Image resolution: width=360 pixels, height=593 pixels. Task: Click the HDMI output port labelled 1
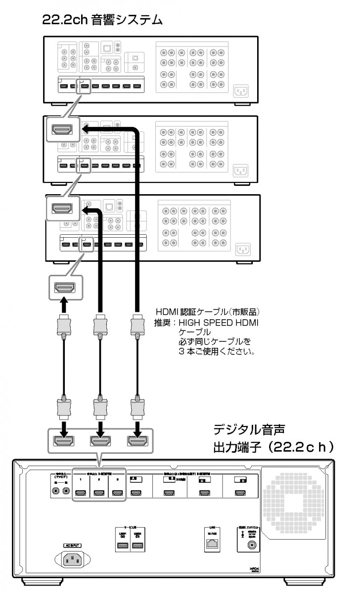81,493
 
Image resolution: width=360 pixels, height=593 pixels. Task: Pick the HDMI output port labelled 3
117,493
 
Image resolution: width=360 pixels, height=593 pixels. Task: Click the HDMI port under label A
135,493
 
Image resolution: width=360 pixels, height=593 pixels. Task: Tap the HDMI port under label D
240,493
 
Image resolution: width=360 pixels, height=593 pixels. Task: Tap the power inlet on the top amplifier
241,91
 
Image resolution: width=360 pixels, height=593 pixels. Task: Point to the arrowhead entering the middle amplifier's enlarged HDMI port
86,129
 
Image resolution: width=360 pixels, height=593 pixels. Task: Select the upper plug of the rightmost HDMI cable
136,327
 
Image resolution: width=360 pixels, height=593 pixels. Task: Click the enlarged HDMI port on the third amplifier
63,208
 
